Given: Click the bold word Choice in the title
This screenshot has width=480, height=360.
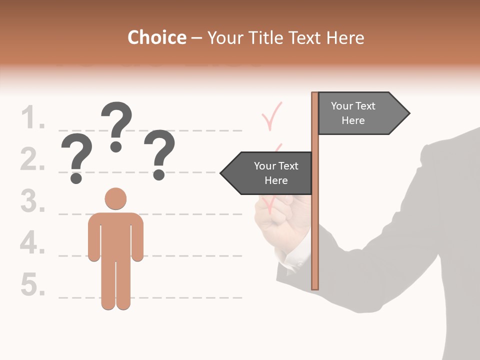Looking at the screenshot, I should pyautogui.click(x=156, y=38).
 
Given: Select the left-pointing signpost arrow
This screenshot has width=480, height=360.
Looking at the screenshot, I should pyautogui.click(x=267, y=173).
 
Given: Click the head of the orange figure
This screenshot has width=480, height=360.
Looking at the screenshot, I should pyautogui.click(x=115, y=198).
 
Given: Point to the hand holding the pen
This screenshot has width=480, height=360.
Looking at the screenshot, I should pyautogui.click(x=275, y=220).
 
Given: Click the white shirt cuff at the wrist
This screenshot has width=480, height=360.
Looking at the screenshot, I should pyautogui.click(x=295, y=260).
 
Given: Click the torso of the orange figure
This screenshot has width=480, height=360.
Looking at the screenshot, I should pyautogui.click(x=115, y=235).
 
